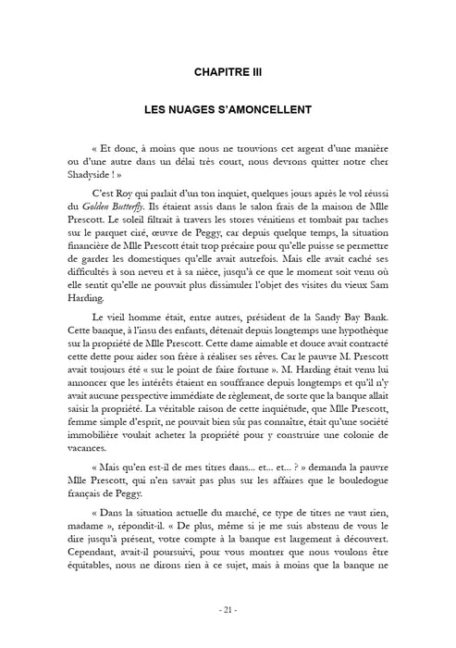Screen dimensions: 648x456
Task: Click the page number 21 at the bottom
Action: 228,611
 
